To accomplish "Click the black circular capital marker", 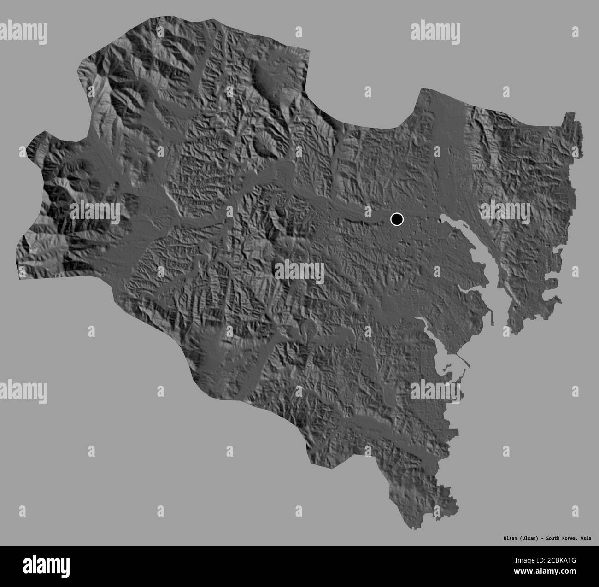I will pyautogui.click(x=396, y=219).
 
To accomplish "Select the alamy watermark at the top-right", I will pyautogui.click(x=435, y=32).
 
